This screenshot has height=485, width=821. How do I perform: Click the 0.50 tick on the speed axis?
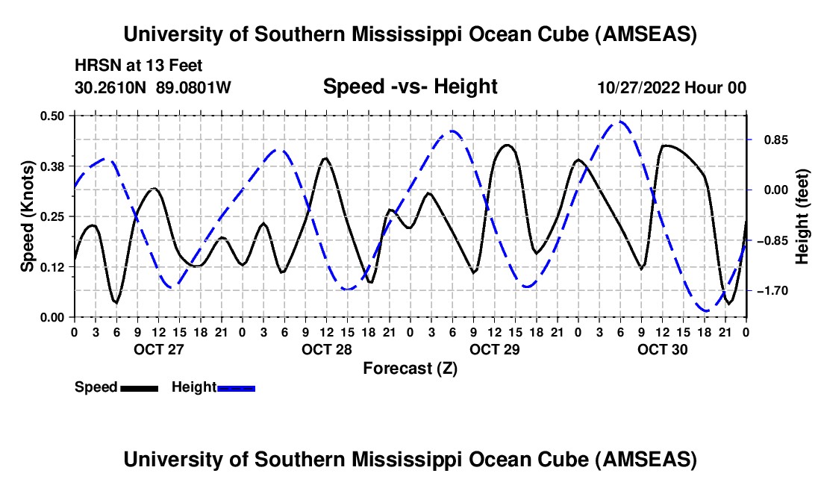coord(51,116)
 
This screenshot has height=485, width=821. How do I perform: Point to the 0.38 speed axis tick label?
coord(51,166)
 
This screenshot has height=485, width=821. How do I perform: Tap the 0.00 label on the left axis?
coord(51,318)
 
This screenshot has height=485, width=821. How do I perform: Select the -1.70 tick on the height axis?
coord(772,291)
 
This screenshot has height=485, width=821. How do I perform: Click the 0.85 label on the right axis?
coord(775,140)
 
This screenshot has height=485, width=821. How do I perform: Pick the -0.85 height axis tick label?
coord(772,241)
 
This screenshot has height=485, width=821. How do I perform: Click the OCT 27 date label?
coord(159,349)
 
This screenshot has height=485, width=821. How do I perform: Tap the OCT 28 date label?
coord(327,349)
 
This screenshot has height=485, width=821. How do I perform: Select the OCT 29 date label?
coord(494,349)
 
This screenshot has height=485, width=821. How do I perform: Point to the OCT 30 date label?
coord(662,349)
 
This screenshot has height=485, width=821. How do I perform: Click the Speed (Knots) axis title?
coord(27,216)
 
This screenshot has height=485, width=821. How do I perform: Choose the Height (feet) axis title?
coord(802,216)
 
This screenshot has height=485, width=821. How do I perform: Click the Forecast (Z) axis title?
coord(410,369)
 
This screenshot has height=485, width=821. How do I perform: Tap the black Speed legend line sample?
coord(140,388)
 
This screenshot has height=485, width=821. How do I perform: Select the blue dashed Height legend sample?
coord(236,388)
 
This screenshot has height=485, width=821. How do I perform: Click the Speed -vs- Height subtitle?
coord(410,87)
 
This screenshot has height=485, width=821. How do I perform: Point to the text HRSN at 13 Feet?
coord(138,66)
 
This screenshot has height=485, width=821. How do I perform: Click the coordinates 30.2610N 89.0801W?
coord(152,87)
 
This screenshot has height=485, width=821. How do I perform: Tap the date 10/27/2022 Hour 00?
coord(672,87)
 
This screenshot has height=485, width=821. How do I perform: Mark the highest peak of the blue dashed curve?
coord(620,122)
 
